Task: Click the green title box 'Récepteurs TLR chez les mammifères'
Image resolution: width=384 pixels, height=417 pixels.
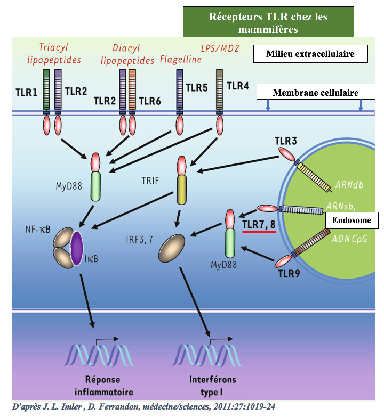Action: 268,22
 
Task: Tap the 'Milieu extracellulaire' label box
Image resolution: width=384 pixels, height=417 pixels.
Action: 311,53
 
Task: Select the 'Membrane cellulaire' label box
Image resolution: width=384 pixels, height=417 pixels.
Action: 315,92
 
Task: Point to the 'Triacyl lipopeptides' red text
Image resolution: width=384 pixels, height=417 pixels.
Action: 54,53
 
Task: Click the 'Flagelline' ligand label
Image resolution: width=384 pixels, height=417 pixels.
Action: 181,59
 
